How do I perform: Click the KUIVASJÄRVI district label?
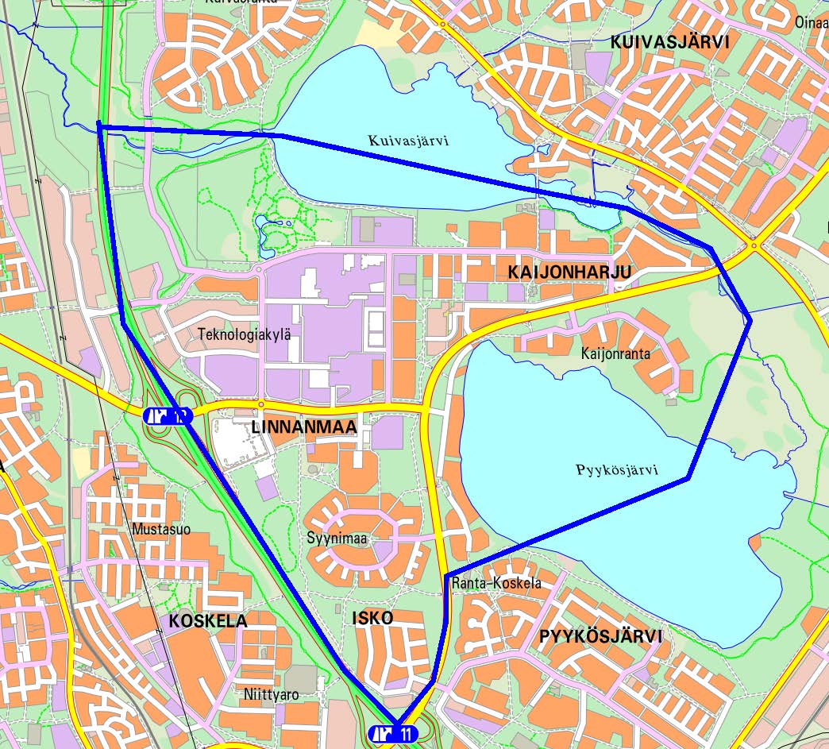(x=669, y=43)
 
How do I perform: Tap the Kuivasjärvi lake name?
(x=409, y=141)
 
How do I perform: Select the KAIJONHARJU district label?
(x=569, y=272)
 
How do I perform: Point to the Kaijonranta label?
(x=615, y=353)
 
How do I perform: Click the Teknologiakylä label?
(x=245, y=334)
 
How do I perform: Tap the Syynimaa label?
(x=337, y=539)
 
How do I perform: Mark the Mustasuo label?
(x=162, y=530)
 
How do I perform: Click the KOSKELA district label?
(x=208, y=621)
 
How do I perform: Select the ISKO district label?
(x=372, y=618)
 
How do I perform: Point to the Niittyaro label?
(x=272, y=695)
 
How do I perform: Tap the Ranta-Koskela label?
(x=496, y=583)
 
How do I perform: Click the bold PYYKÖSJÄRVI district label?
(x=600, y=636)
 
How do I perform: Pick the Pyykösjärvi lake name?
(x=617, y=469)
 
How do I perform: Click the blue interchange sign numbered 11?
(x=395, y=734)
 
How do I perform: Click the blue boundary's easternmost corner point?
(x=750, y=319)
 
